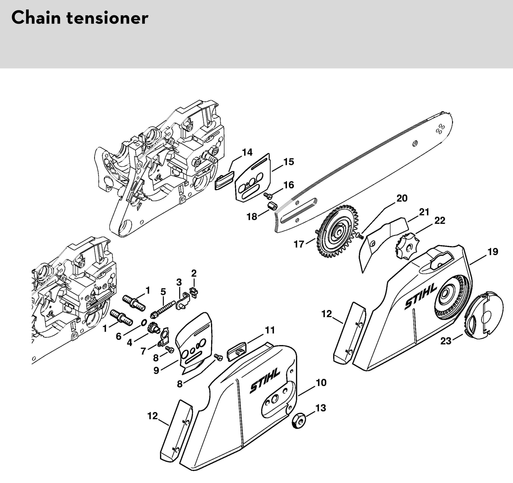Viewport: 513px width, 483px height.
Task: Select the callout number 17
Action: [x=299, y=244]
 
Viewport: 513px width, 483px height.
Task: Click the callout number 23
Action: [x=446, y=341]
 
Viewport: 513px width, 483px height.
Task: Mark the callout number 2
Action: [x=194, y=273]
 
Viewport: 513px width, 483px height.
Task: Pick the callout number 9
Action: [x=156, y=370]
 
